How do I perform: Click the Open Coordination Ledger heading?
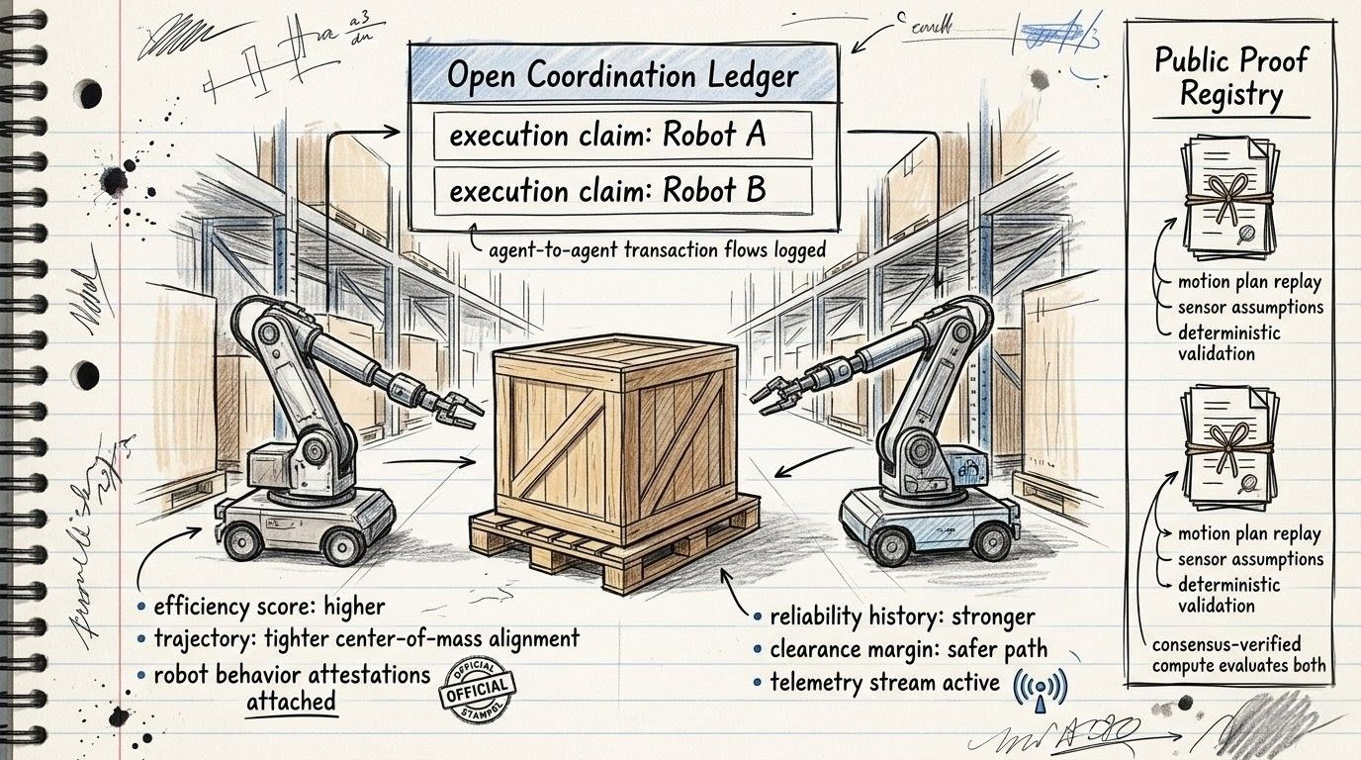[623, 75]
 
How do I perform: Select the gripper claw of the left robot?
[457, 406]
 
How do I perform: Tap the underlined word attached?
[290, 701]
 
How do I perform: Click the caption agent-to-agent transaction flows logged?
[657, 250]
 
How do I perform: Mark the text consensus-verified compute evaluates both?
[1238, 654]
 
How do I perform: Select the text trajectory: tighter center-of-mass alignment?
[366, 638]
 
